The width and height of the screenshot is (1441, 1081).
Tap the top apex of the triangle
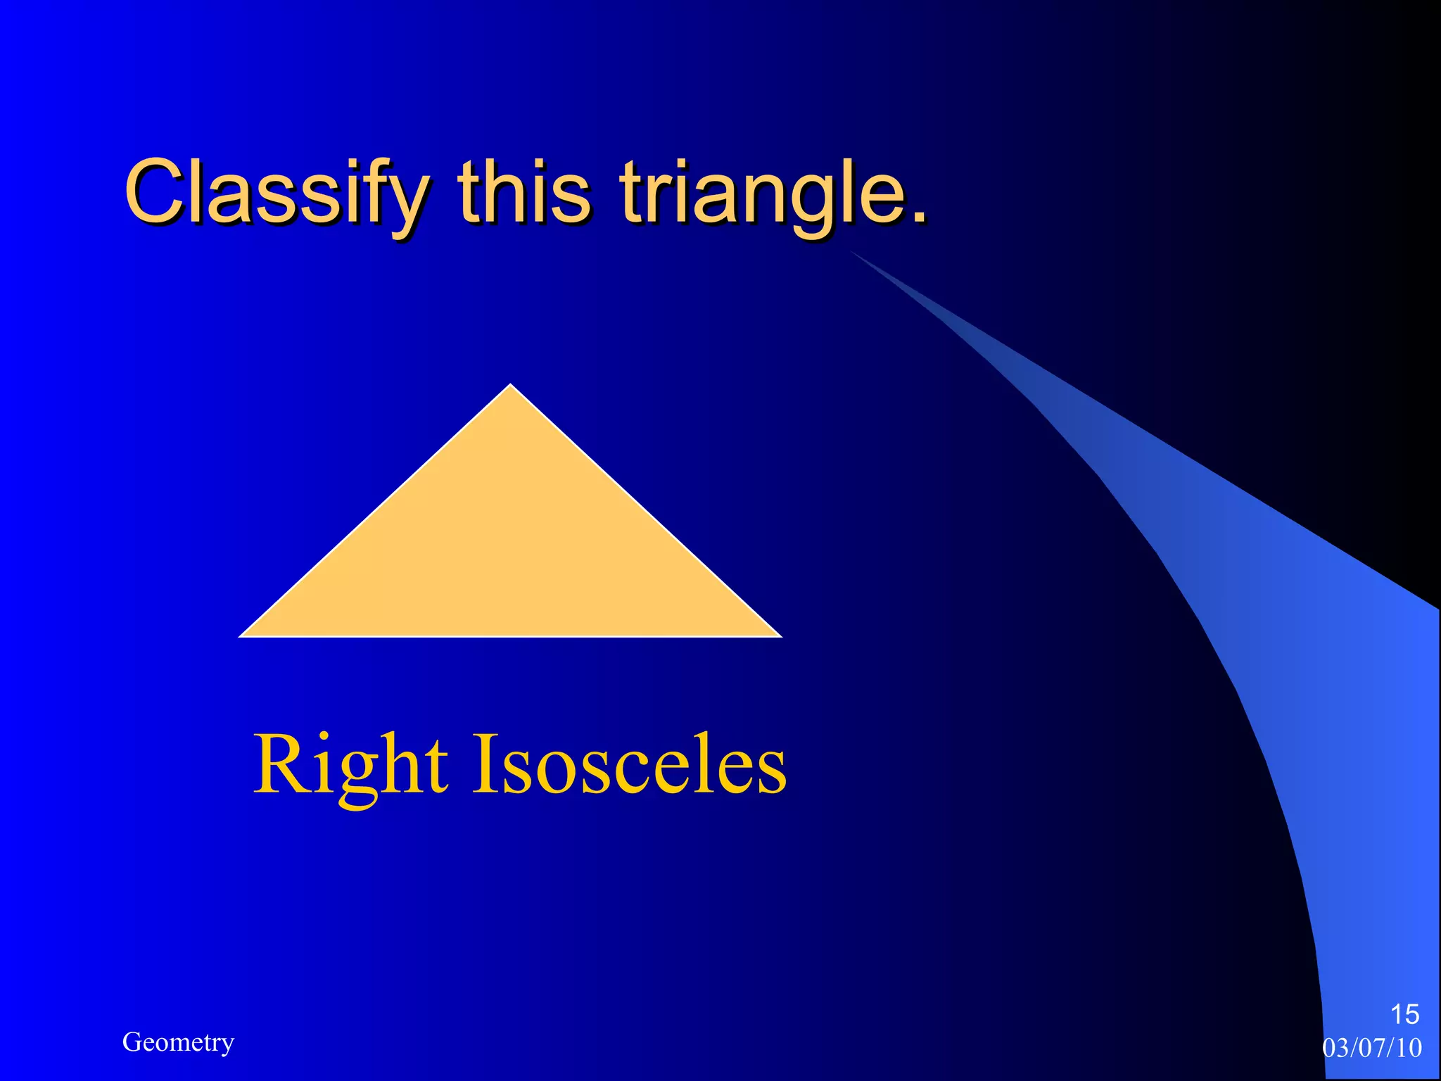click(x=511, y=386)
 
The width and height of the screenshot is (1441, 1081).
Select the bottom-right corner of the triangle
click(x=780, y=636)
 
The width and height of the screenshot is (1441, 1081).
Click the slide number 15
click(x=1404, y=1015)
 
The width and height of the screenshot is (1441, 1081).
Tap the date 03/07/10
click(x=1372, y=1048)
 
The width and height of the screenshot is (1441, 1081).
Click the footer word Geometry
click(x=178, y=1042)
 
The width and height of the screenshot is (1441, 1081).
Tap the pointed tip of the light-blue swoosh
click(x=851, y=252)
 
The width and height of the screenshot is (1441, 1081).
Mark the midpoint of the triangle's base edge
click(x=511, y=636)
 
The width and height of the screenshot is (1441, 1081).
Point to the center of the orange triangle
click(x=511, y=552)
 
